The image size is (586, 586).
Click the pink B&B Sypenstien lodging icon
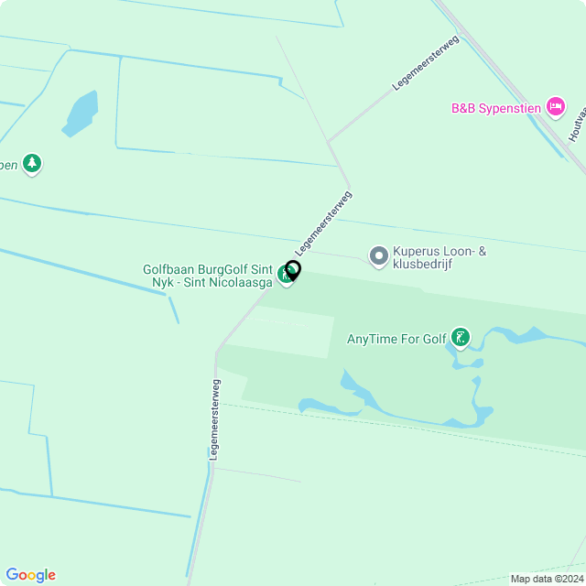click(555, 107)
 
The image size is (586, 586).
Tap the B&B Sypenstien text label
click(495, 108)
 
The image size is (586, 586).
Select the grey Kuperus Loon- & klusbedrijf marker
click(378, 256)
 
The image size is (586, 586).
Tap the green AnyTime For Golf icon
click(461, 339)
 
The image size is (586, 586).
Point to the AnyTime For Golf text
click(396, 340)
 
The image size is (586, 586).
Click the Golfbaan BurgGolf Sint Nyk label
click(207, 277)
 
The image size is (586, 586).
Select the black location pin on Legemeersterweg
click(293, 270)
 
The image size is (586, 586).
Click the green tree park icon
click(32, 164)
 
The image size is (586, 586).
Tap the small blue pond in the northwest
click(81, 113)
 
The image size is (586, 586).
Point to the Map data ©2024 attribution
click(547, 579)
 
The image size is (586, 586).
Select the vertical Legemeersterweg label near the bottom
click(214, 418)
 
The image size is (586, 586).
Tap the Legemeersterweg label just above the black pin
click(323, 222)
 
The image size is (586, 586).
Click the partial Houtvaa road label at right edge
click(576, 124)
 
